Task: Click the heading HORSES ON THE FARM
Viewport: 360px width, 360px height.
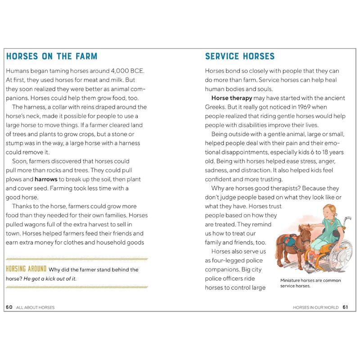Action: (x=52, y=56)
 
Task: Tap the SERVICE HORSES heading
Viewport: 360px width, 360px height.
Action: (x=239, y=56)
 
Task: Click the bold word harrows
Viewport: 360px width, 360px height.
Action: (x=47, y=179)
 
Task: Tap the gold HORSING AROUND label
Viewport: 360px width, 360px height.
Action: (x=26, y=269)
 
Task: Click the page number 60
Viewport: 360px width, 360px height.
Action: (x=9, y=307)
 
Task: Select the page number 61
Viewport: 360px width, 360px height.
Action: (x=346, y=307)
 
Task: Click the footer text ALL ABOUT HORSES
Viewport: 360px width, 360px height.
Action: (x=35, y=307)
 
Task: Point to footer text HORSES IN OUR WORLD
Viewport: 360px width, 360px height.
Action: (x=315, y=307)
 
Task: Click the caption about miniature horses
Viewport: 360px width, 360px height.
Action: (x=310, y=283)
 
